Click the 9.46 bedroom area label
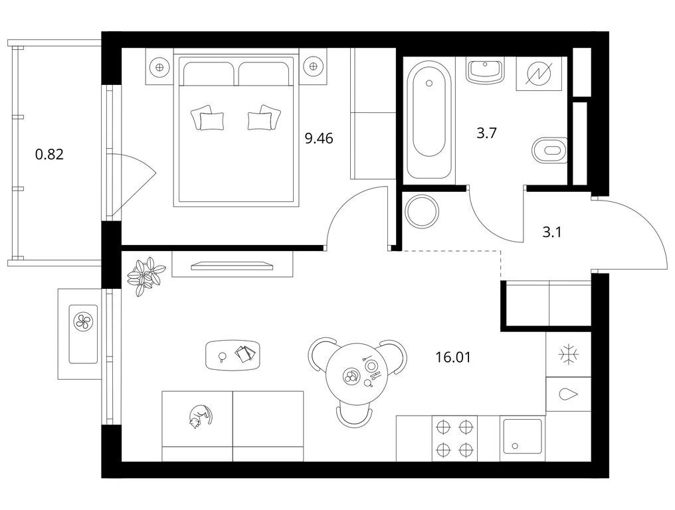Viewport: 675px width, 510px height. pos(319,139)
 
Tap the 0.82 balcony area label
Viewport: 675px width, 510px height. pos(50,154)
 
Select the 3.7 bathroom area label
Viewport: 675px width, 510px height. pos(487,133)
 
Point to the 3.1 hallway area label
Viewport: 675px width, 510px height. pos(552,233)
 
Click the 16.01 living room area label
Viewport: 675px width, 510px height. pos(453,357)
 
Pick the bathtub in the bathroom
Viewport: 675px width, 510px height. pos(429,120)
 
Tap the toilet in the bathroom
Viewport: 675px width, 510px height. pos(549,151)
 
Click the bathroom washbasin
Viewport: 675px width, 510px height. pos(486,71)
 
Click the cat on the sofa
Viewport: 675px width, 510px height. pos(200,416)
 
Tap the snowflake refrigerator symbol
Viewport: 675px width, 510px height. pos(568,355)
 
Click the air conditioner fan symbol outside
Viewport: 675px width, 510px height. pos(82,321)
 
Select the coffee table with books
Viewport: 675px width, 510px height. pos(233,355)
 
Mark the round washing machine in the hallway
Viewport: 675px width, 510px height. pos(423,211)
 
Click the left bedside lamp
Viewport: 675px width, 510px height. pos(159,66)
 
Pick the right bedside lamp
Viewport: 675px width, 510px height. pos(313,66)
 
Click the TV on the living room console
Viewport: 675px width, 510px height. pos(232,266)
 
